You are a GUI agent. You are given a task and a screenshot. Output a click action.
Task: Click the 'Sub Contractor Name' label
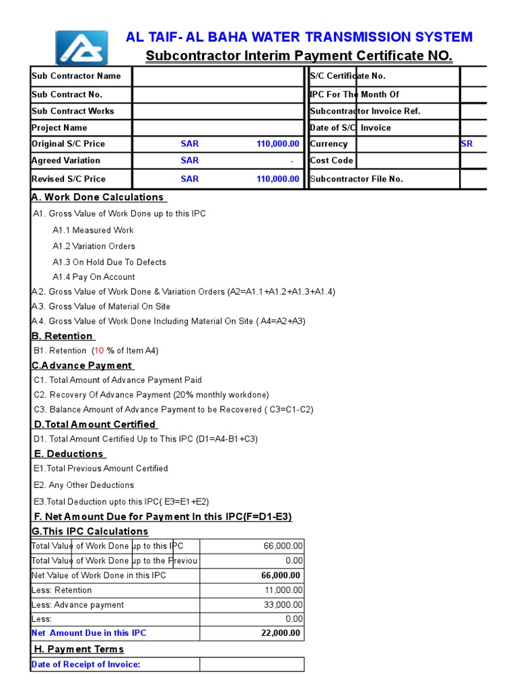pyautogui.click(x=76, y=76)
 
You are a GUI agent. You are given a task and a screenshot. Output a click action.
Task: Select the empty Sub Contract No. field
pyautogui.click(x=219, y=94)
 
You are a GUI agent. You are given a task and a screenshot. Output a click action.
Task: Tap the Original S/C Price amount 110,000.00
pyautogui.click(x=277, y=143)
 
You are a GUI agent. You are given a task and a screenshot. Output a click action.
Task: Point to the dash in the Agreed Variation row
pyautogui.click(x=292, y=161)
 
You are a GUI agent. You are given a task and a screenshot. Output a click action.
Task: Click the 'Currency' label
pyautogui.click(x=329, y=143)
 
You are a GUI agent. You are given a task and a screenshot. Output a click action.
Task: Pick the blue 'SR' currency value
pyautogui.click(x=467, y=143)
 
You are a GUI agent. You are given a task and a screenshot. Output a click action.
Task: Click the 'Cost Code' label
pyautogui.click(x=331, y=160)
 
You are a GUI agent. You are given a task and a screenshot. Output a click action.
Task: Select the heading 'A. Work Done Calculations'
pyautogui.click(x=98, y=197)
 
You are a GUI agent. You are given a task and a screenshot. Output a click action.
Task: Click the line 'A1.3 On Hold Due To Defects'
pyautogui.click(x=109, y=262)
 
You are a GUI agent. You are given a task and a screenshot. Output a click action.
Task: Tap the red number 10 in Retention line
pyautogui.click(x=99, y=351)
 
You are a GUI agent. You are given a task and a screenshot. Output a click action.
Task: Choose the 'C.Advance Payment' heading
pyautogui.click(x=82, y=365)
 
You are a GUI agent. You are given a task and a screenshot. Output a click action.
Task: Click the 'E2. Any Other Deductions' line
pyautogui.click(x=83, y=484)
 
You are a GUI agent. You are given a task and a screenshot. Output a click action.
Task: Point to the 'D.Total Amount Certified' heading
pyautogui.click(x=95, y=425)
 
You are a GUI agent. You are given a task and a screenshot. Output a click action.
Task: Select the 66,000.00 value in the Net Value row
pyautogui.click(x=281, y=575)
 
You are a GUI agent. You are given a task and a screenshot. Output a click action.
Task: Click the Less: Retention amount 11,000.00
pyautogui.click(x=283, y=590)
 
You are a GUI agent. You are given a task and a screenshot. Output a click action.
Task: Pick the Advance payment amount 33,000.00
pyautogui.click(x=283, y=605)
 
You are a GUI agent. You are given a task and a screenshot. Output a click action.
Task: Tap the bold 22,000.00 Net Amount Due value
pyautogui.click(x=281, y=633)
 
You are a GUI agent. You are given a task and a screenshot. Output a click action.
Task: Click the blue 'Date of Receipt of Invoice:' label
pyautogui.click(x=85, y=665)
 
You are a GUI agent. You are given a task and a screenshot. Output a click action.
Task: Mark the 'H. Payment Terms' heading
pyautogui.click(x=78, y=649)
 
